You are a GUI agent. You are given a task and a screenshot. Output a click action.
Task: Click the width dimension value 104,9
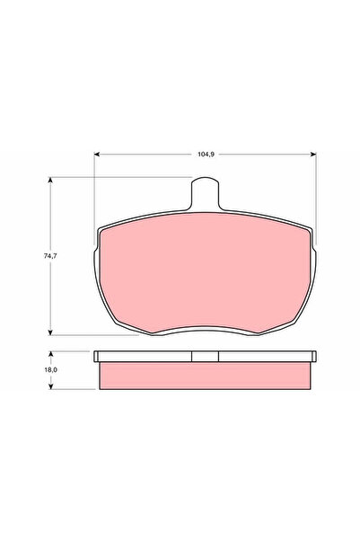[206, 154]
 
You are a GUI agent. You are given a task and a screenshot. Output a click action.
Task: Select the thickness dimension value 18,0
[51, 370]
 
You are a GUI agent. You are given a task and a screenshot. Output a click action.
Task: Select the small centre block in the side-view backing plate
[206, 357]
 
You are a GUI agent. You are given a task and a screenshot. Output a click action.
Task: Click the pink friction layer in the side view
[206, 374]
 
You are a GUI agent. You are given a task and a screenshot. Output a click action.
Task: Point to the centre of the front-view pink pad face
[206, 274]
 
